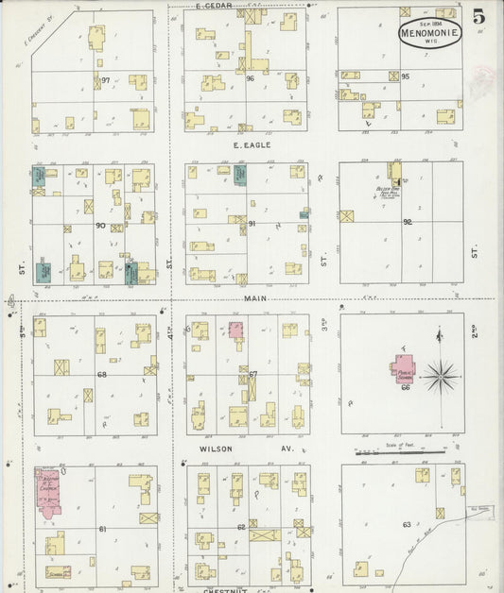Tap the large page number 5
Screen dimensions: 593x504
click(x=479, y=15)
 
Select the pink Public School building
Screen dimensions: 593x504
click(x=405, y=366)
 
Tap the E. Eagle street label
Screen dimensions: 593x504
click(x=252, y=144)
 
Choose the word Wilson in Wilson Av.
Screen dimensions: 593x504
click(x=217, y=449)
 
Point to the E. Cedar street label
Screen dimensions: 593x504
click(x=214, y=6)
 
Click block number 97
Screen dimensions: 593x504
click(x=106, y=81)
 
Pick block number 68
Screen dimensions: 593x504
click(x=101, y=375)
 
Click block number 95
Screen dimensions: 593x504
click(x=405, y=76)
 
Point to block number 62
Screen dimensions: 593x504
click(x=241, y=526)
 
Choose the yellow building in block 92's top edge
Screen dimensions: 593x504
click(x=394, y=171)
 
